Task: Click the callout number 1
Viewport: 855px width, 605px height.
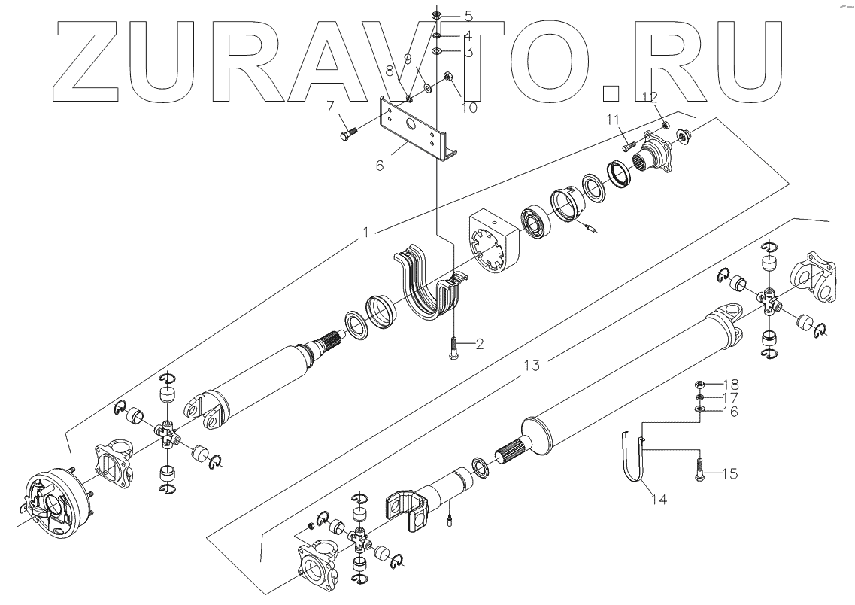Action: pyautogui.click(x=365, y=233)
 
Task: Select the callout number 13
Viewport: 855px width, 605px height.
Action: pyautogui.click(x=532, y=366)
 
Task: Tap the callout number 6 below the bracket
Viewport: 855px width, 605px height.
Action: pyautogui.click(x=381, y=165)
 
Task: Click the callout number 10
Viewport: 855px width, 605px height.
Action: pyautogui.click(x=468, y=108)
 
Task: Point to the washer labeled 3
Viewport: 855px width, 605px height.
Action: pyautogui.click(x=438, y=52)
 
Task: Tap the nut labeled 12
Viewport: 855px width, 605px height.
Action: pyautogui.click(x=666, y=124)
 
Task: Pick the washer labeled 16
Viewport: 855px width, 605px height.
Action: pyautogui.click(x=699, y=409)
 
